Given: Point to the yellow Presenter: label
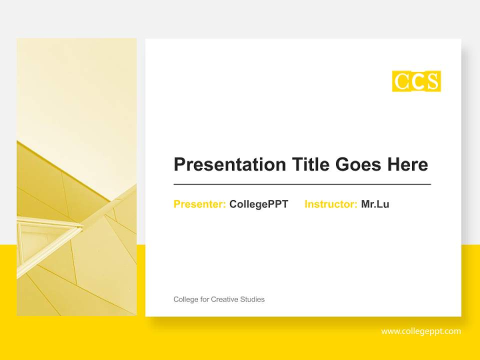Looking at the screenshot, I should [199, 204].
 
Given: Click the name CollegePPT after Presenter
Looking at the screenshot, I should [258, 204].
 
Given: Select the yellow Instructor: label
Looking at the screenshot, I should [330, 204].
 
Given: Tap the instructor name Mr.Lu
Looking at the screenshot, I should [375, 204].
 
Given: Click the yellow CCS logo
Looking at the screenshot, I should [416, 81].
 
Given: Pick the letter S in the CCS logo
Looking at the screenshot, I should [433, 81].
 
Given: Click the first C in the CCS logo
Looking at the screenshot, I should [401, 81].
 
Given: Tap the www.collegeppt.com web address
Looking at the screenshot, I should [421, 331].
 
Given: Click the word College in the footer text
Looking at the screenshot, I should [185, 299].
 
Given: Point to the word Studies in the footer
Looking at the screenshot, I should [252, 299].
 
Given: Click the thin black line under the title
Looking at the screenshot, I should [302, 184].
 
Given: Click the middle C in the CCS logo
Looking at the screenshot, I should [417, 81].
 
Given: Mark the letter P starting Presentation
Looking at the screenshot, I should [179, 164].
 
